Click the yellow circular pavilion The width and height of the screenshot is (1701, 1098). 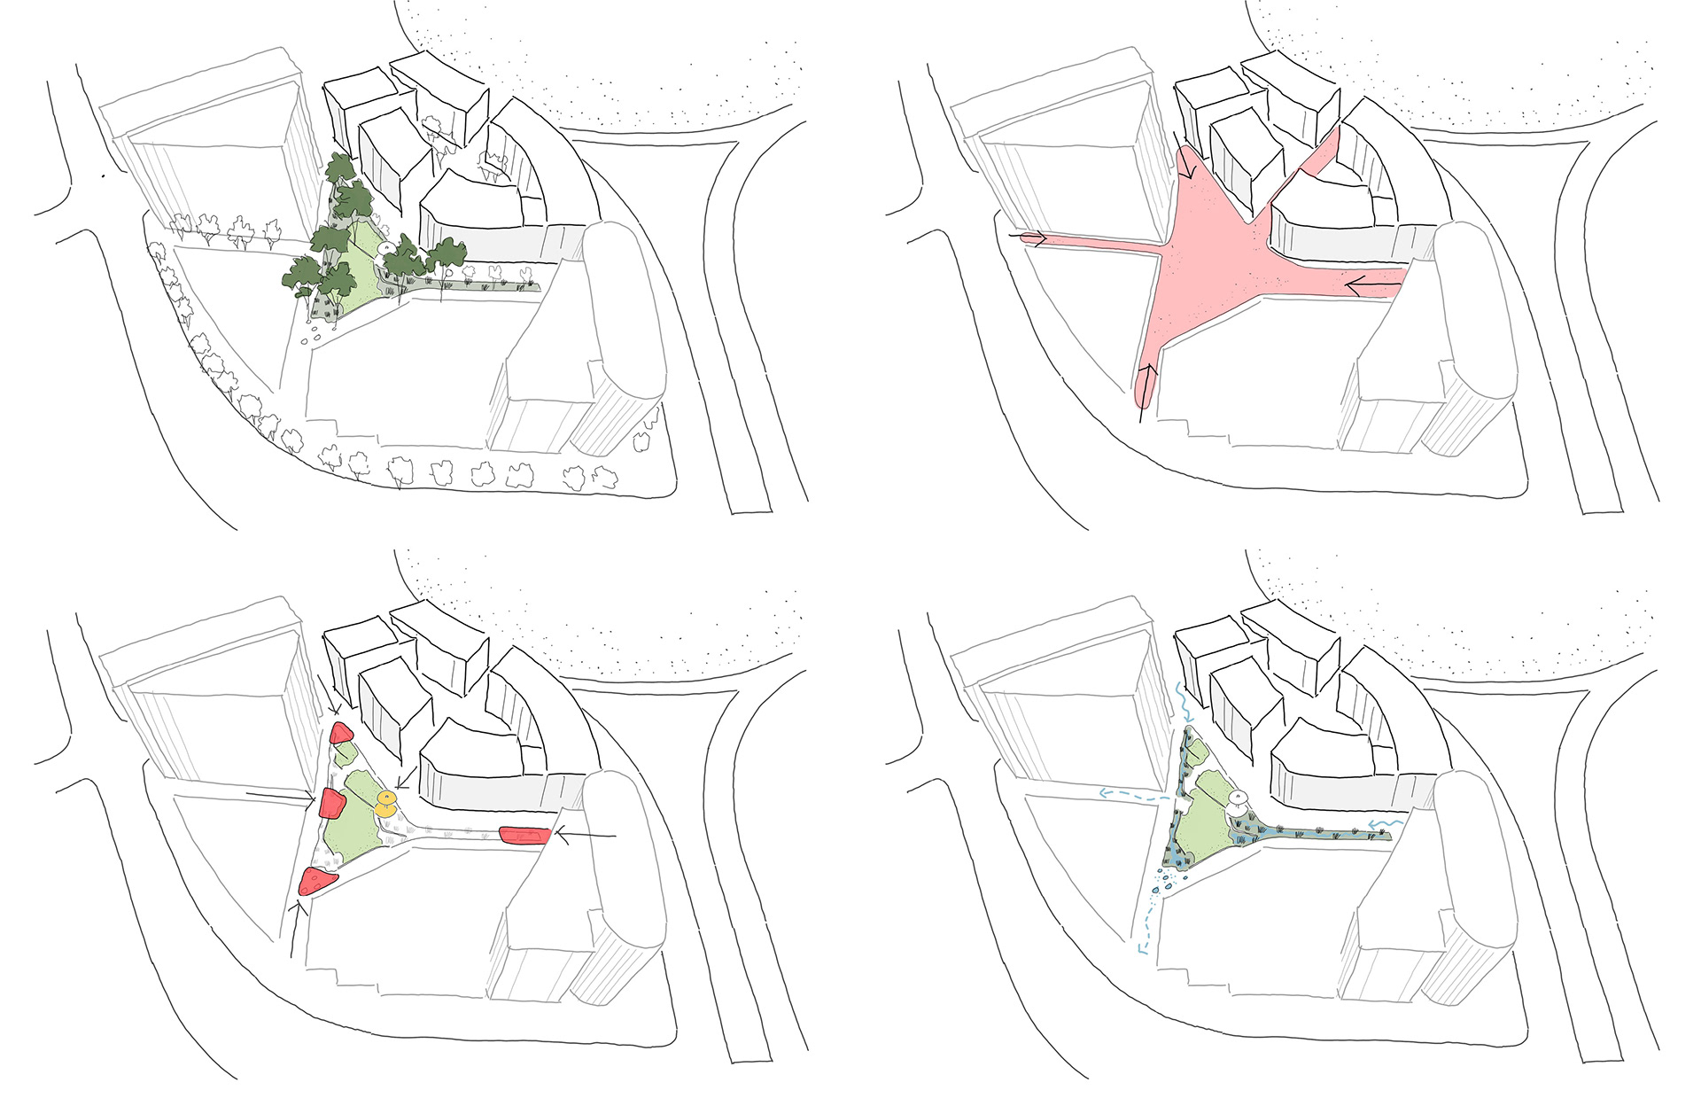pyautogui.click(x=385, y=806)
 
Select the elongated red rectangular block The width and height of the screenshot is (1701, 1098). pyautogui.click(x=525, y=835)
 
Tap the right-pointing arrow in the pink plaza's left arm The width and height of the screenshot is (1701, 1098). pyautogui.click(x=1032, y=238)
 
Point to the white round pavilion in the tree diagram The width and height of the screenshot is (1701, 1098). pyautogui.click(x=386, y=248)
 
